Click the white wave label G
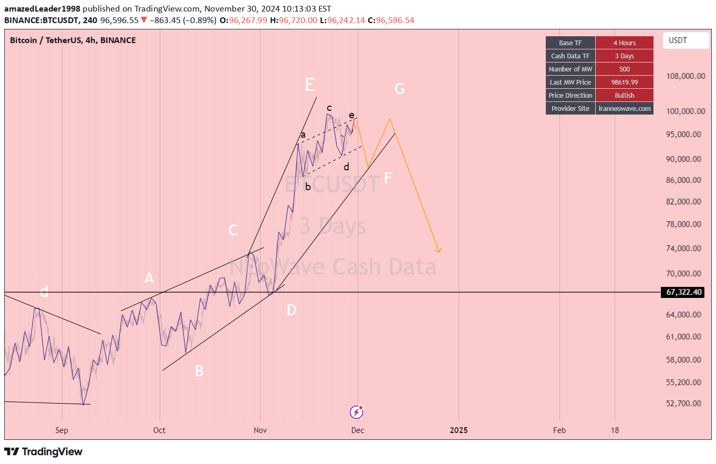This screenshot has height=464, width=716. coord(399,89)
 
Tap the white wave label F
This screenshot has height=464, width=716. coord(388,178)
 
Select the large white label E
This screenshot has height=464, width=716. coord(309,85)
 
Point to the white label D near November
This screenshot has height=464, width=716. coord(291,310)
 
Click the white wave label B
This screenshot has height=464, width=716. coord(199,371)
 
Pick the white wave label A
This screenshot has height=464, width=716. coord(149,278)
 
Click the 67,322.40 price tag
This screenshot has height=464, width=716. coord(682,292)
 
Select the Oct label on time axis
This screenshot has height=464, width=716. coord(159,430)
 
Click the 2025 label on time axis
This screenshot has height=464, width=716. coord(459,430)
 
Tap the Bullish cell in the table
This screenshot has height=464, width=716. coord(624,96)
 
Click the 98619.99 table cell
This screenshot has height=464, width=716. coord(624,83)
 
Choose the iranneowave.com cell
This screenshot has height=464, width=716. coord(625,109)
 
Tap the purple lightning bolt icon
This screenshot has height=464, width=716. coord(357,412)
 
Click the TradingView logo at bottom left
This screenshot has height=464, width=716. coord(44,451)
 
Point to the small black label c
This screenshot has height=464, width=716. coord(329,108)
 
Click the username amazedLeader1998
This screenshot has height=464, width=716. coord(41,9)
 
